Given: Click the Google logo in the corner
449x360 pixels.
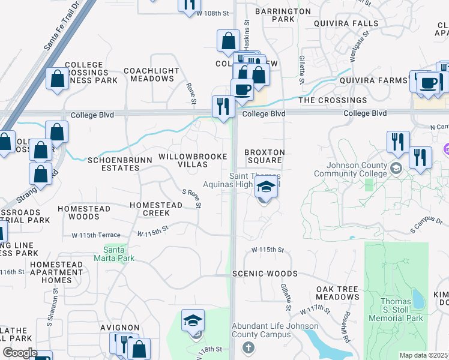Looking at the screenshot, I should click(19, 353).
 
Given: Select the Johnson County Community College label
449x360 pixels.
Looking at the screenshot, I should click(357, 169).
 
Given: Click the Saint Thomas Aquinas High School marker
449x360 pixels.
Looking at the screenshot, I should click(267, 187).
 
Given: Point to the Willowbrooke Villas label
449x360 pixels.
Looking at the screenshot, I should click(193, 160).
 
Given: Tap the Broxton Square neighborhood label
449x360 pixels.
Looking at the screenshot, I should click(264, 156).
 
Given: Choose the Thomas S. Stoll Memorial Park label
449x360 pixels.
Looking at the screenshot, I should click(396, 310).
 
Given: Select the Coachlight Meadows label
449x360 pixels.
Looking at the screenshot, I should click(152, 74).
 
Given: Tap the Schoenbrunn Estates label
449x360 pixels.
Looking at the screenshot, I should click(113, 164).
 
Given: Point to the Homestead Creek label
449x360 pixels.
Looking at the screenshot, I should click(156, 209).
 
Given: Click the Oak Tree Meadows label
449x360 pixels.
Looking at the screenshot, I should click(337, 293).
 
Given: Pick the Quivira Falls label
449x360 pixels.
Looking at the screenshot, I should click(346, 23).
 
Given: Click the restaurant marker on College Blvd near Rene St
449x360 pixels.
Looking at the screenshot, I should click(223, 107).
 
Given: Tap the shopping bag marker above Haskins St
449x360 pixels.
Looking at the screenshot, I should click(228, 42).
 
